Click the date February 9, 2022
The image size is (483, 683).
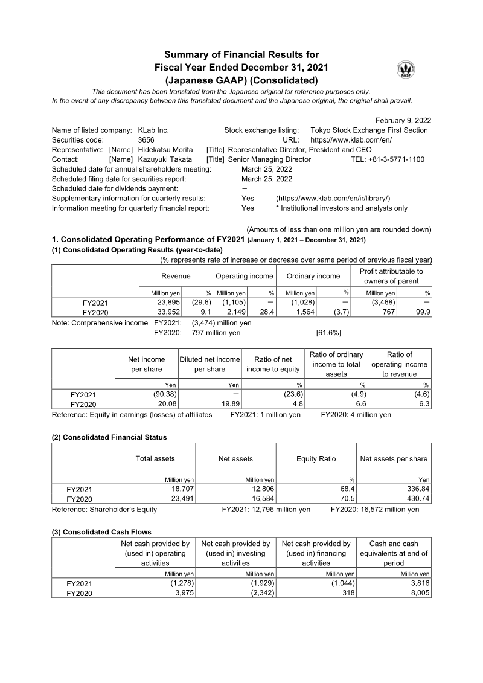click(x=403, y=120)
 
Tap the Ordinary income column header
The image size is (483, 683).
click(x=313, y=276)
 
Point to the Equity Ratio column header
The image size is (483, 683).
click(x=316, y=459)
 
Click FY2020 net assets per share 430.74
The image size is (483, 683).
click(x=415, y=499)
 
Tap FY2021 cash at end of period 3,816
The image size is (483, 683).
click(x=417, y=583)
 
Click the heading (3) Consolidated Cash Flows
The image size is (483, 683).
click(x=101, y=532)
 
